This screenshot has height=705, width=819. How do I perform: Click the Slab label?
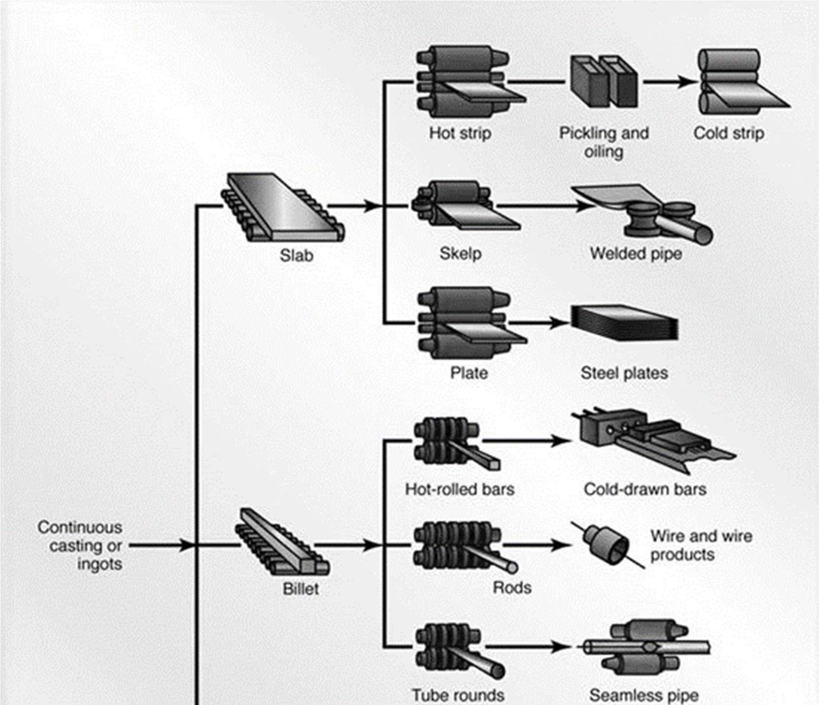tap(296, 256)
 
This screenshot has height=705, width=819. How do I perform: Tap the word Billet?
tap(301, 588)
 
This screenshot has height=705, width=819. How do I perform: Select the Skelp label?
tap(460, 254)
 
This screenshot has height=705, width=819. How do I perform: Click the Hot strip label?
tap(460, 133)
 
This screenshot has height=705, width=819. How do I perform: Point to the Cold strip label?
tap(728, 133)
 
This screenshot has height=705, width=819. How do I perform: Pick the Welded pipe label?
tap(636, 254)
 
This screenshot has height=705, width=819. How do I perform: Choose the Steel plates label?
tap(624, 373)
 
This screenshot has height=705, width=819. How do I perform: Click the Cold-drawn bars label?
tap(645, 489)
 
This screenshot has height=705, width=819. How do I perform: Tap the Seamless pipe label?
tap(644, 695)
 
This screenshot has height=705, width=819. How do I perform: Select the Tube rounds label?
tap(458, 695)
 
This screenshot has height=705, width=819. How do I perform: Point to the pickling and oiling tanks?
tap(604, 81)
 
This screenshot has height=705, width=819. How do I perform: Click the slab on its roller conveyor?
tap(283, 206)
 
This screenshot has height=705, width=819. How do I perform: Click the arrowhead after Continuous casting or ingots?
tap(186, 545)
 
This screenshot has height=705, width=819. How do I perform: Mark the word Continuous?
tap(80, 528)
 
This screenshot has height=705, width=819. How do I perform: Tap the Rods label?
tap(512, 587)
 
